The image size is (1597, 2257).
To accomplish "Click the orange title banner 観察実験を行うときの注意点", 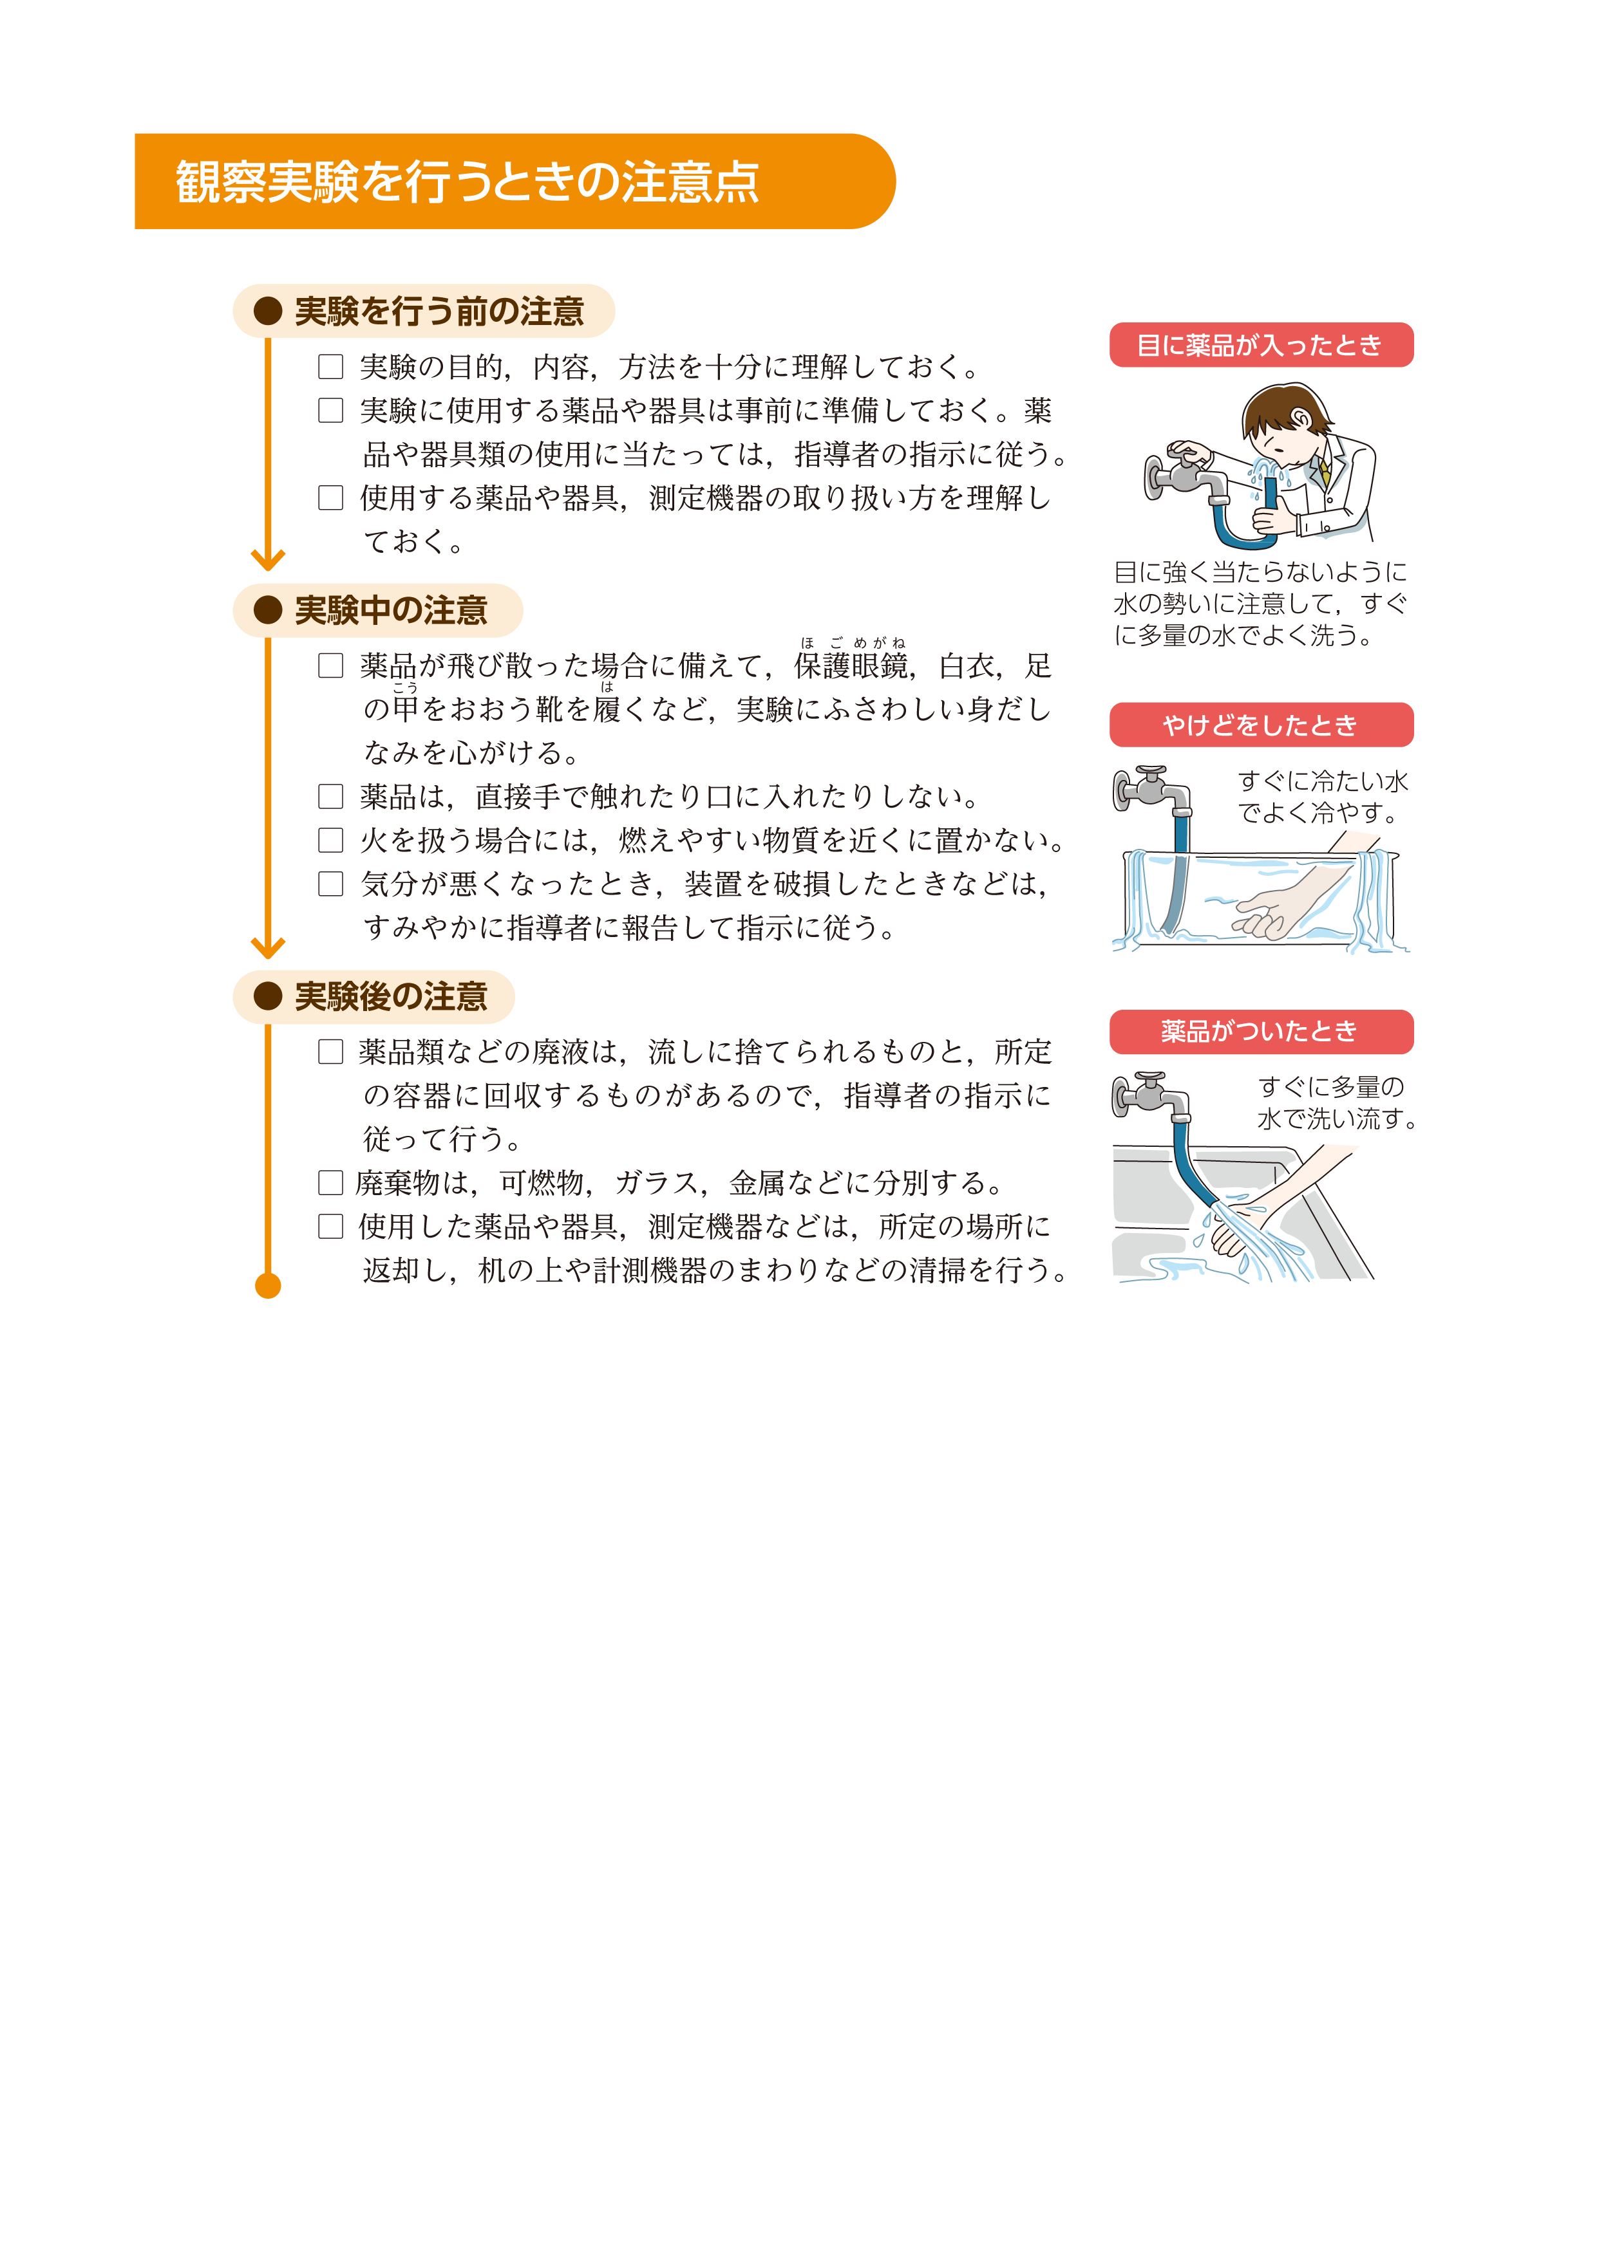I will coord(511,182).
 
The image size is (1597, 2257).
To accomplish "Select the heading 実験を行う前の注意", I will coord(439,311).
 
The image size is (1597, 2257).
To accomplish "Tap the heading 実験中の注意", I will coord(390,611).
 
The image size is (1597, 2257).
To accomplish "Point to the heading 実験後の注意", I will coord(390,997).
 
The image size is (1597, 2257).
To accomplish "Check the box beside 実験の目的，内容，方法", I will coord(330,367).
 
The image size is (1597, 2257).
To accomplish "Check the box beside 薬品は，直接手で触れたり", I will coord(330,796).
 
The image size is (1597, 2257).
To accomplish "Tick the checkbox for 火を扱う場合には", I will coord(330,841).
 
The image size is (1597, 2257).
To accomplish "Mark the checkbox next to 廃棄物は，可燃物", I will coord(330,1183).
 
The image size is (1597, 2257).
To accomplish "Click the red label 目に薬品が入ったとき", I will coord(1261,345).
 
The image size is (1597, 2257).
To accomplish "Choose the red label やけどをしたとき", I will coord(1261,725).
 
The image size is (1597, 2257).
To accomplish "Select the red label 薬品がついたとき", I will coord(1261,1031).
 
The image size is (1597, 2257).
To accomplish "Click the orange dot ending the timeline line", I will coord(267,1286).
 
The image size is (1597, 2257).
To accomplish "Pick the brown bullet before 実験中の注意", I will coord(267,611).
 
